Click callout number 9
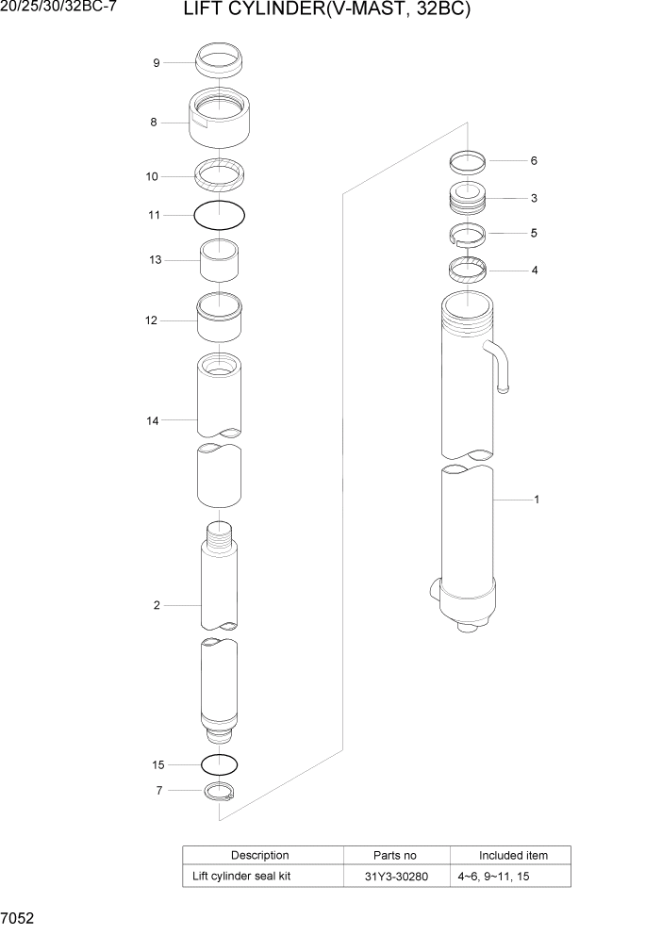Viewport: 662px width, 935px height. [x=157, y=63]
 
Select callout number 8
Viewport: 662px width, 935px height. [x=153, y=122]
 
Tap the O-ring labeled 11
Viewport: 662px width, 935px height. [x=219, y=216]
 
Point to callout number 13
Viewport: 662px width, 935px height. [x=156, y=260]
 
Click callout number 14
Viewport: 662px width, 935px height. [x=153, y=420]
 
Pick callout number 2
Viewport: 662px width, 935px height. [x=157, y=605]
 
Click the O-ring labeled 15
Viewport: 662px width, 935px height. [x=219, y=763]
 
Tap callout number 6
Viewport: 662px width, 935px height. [x=534, y=161]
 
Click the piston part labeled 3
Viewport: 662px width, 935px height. [x=467, y=200]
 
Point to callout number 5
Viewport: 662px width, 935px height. [x=534, y=233]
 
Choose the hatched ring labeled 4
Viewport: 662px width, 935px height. [x=467, y=271]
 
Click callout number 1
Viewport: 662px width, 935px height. [x=537, y=500]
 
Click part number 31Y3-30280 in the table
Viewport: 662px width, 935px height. [x=396, y=877]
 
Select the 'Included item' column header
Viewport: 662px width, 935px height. [x=513, y=856]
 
